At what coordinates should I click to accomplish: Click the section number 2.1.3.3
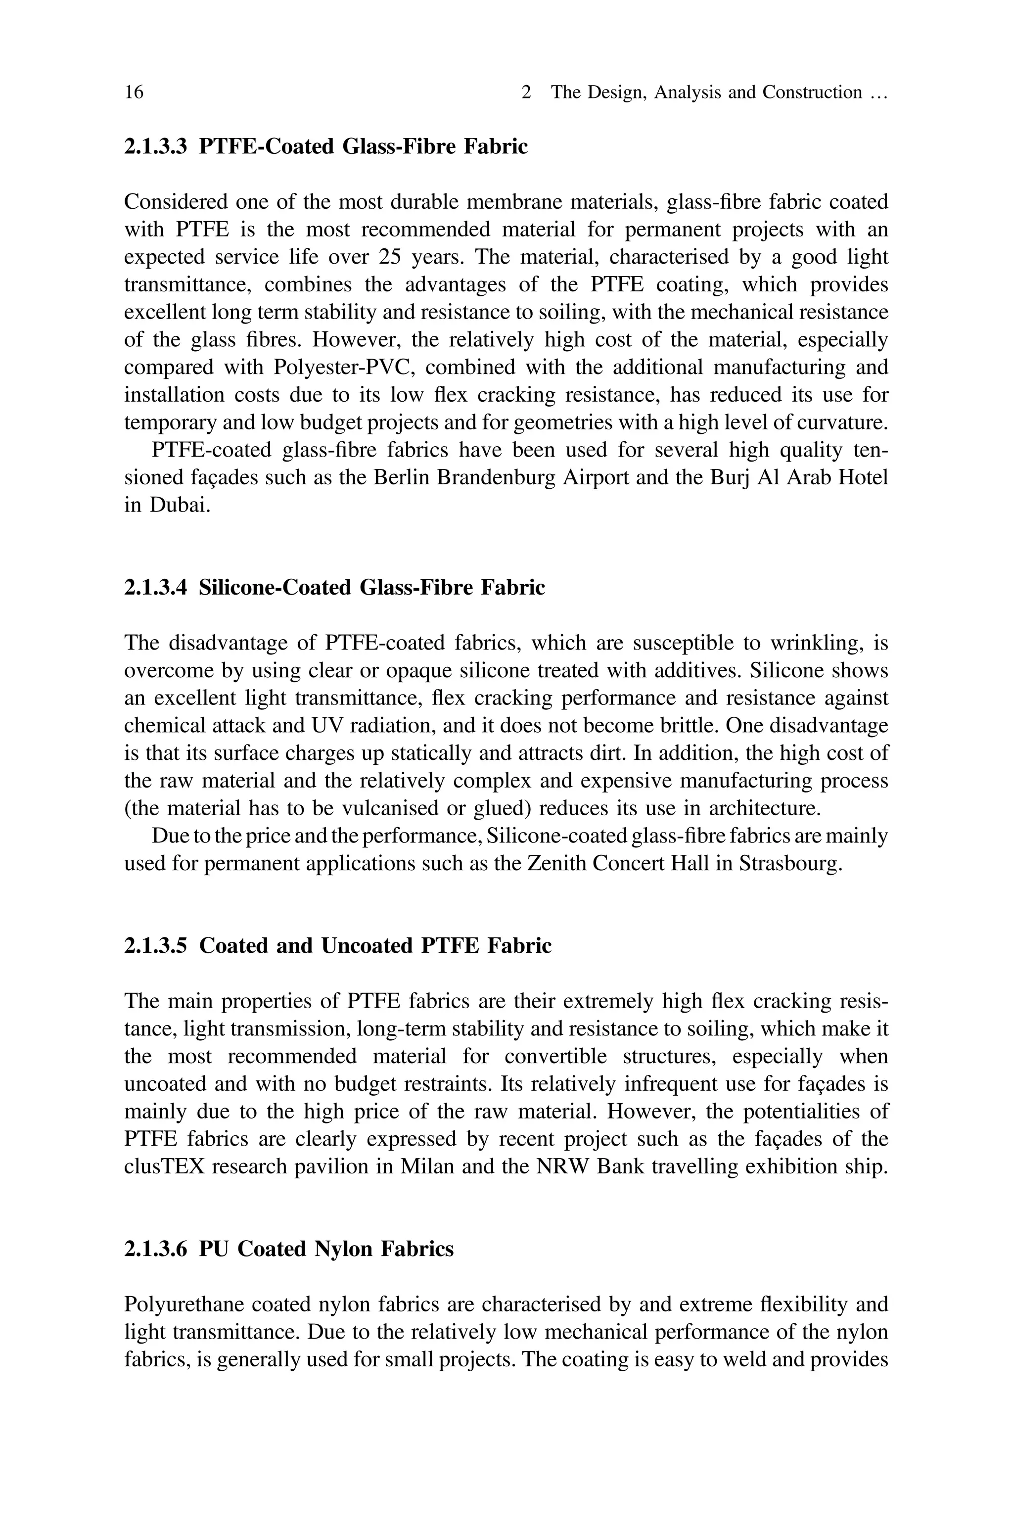click(x=156, y=147)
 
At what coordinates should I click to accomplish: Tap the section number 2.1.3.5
click(x=156, y=946)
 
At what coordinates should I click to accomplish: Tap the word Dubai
click(x=180, y=505)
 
